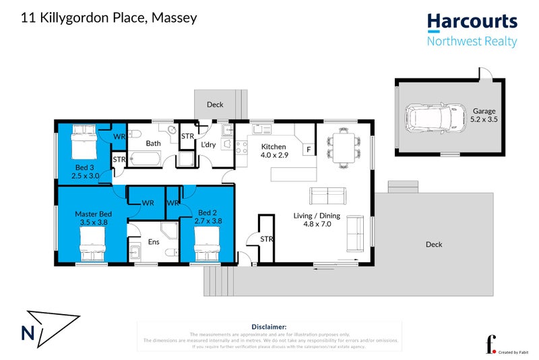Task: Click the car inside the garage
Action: point(435,119)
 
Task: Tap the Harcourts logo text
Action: point(472,22)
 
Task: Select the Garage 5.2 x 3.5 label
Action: point(484,115)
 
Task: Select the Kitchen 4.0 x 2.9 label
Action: point(274,151)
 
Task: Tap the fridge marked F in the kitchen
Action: point(309,149)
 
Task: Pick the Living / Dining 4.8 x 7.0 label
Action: point(316,220)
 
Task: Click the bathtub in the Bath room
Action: point(144,160)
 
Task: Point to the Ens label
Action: point(154,239)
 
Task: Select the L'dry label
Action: point(208,144)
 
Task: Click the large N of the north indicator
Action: point(29,333)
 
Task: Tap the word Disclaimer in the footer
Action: point(269,326)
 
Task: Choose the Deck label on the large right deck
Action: point(434,244)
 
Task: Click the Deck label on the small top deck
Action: point(215,104)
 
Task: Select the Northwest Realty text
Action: point(472,42)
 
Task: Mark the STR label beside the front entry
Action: point(267,239)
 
